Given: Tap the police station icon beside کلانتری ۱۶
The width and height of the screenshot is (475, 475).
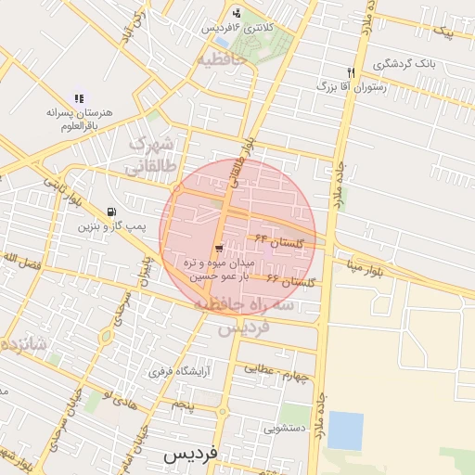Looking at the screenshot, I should [x=237, y=13].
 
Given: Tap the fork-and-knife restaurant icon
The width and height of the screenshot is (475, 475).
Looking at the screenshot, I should [x=351, y=71].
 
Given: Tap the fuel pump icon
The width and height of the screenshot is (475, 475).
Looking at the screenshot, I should [x=112, y=212].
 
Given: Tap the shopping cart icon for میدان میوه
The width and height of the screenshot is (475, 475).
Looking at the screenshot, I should [x=218, y=248].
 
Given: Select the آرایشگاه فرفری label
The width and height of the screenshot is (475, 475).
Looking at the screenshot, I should [x=174, y=372].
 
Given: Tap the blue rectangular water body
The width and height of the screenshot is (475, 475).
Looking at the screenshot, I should [x=346, y=430].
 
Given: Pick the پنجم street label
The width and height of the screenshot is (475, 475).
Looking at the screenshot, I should [x=184, y=405].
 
